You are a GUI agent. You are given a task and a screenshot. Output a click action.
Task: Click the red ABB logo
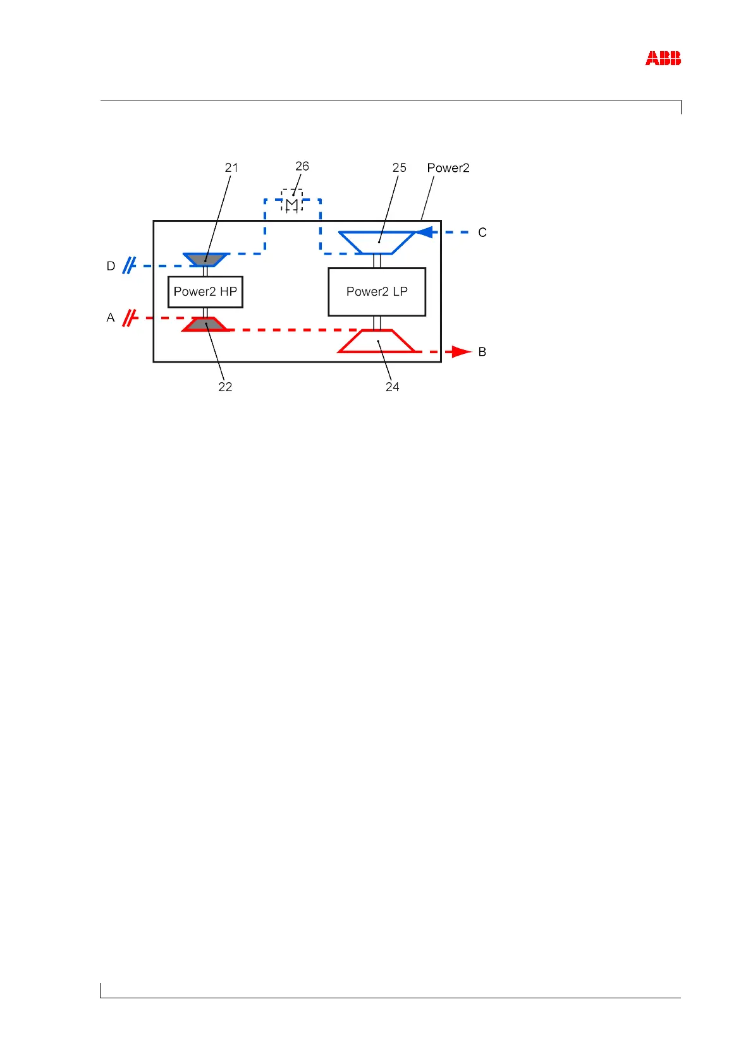tap(663, 59)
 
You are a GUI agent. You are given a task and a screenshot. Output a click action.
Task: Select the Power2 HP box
tap(205, 292)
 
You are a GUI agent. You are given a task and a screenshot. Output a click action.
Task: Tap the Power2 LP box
tap(377, 292)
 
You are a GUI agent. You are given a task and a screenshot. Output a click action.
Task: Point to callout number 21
tap(231, 167)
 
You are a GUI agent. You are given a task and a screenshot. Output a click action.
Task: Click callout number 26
tap(302, 166)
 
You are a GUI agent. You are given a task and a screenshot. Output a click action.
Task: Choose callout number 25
tap(399, 167)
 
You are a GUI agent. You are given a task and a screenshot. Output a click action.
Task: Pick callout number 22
tap(225, 387)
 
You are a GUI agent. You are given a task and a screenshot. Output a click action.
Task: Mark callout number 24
tap(392, 387)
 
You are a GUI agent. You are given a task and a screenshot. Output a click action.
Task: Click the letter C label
tap(482, 233)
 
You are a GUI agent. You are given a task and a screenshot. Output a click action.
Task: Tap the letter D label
tap(111, 266)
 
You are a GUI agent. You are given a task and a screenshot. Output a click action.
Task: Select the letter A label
tap(111, 318)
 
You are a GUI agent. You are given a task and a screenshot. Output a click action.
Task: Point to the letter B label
tap(482, 352)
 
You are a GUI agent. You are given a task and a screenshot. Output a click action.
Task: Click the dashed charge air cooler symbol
tap(291, 201)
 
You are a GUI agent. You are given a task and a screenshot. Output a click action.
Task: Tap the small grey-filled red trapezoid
tap(205, 324)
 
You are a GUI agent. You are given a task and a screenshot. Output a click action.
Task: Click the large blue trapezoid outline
tap(377, 243)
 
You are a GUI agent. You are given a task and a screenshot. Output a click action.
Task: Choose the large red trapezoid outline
tap(377, 341)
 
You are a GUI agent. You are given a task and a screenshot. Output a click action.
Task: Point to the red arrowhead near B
tap(462, 352)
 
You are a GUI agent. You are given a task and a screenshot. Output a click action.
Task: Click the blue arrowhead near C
tap(425, 233)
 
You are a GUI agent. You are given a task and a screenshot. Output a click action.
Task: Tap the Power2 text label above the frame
tap(448, 167)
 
